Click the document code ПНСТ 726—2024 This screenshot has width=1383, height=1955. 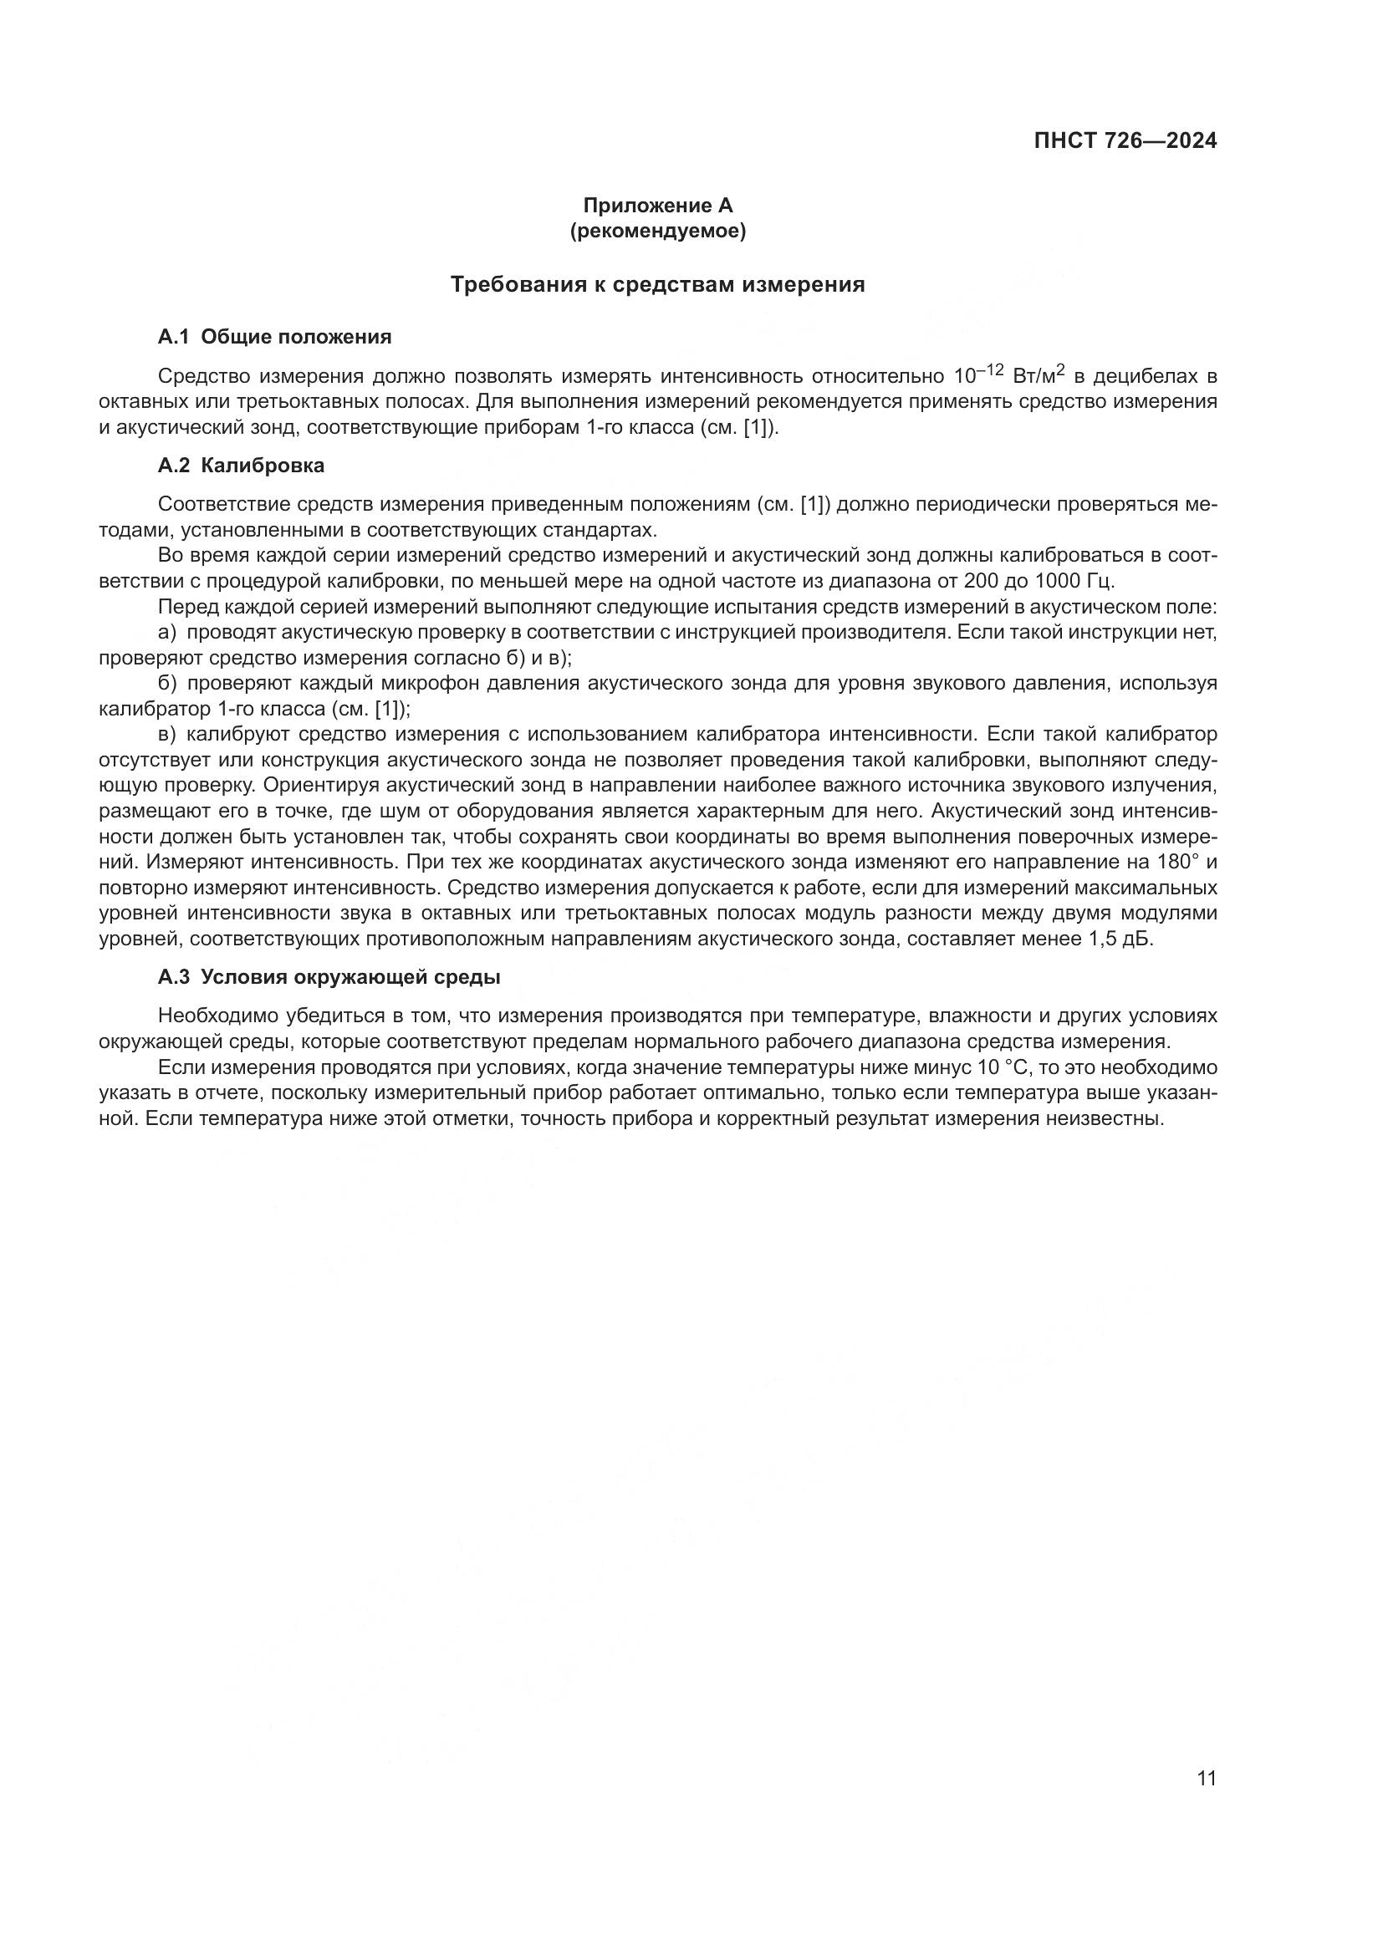[1125, 140]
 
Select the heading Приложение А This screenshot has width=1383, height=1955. [657, 206]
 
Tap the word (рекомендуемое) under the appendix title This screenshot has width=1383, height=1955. [657, 231]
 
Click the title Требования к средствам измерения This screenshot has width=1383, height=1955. [657, 284]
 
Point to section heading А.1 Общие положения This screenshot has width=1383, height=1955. [274, 337]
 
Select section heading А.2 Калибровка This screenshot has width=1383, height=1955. [241, 466]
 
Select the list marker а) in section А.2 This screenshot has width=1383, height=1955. [166, 633]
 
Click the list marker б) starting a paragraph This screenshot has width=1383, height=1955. [167, 683]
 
